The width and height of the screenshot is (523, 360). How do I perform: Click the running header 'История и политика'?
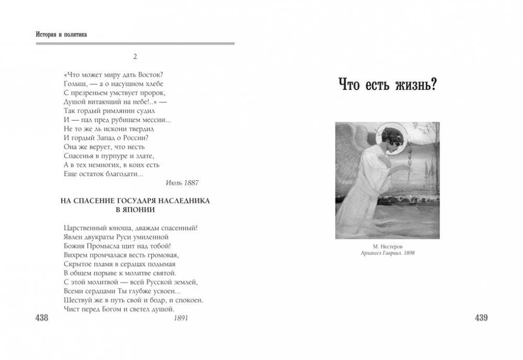point(61,34)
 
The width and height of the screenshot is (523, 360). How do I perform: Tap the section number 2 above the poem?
point(135,56)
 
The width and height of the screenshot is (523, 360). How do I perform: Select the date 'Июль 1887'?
point(182,183)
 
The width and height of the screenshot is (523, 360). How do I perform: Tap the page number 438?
point(41,318)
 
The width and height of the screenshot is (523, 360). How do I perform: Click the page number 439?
point(481,318)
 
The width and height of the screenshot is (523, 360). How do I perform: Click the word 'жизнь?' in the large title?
point(412,84)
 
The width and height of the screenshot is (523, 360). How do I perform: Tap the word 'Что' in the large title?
point(349,84)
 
